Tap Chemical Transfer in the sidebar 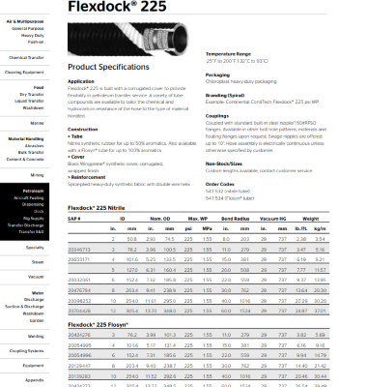coord(29,58)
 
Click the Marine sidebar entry coord(38,124)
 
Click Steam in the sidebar coord(38,261)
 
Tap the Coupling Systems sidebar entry coord(28,350)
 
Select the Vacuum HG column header coord(288,218)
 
